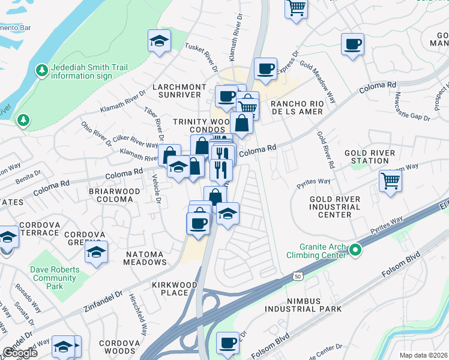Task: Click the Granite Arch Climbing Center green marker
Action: pos(355,250)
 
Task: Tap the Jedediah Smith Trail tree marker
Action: pos(41,71)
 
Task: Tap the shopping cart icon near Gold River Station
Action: pos(390,180)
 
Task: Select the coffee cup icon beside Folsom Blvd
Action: pos(228,343)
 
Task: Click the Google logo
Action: pos(20,353)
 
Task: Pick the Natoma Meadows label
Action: pos(145,258)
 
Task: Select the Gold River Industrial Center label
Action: pos(335,206)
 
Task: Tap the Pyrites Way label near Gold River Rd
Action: pos(313,182)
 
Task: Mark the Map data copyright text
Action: pos(424,355)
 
